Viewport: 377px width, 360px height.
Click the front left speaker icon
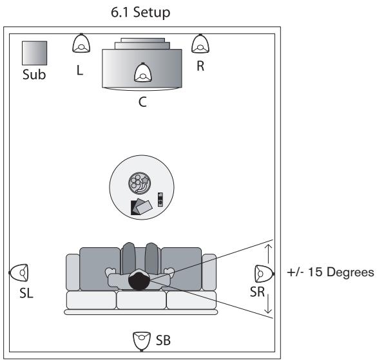(x=81, y=44)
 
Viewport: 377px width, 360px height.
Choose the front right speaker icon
(x=200, y=44)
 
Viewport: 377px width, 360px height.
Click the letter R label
(x=200, y=67)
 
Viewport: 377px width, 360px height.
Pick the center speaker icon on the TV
(x=142, y=74)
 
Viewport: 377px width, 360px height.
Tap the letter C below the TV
(x=142, y=100)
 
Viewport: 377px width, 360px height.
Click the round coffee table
(x=140, y=187)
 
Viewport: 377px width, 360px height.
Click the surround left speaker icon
(x=19, y=273)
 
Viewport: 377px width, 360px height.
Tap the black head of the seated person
(x=139, y=280)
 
